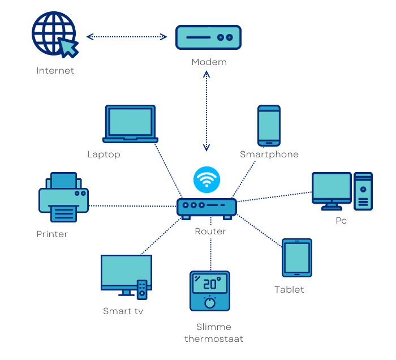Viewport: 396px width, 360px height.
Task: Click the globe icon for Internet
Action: click(52, 32)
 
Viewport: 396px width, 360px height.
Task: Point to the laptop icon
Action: click(130, 124)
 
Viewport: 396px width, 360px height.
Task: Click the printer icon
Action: click(63, 198)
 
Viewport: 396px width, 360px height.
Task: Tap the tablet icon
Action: click(297, 258)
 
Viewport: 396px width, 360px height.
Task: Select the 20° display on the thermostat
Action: click(210, 283)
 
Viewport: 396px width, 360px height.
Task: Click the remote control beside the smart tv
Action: click(143, 290)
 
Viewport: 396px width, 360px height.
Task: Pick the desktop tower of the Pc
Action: click(363, 191)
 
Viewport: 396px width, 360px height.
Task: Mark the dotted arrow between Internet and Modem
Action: click(127, 37)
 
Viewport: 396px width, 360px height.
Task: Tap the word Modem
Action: click(209, 62)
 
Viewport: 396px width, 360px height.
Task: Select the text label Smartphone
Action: click(269, 155)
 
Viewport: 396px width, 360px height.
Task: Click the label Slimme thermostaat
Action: click(213, 333)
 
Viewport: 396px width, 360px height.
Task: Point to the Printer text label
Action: click(52, 234)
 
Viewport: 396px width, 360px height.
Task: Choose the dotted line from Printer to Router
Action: click(133, 206)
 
